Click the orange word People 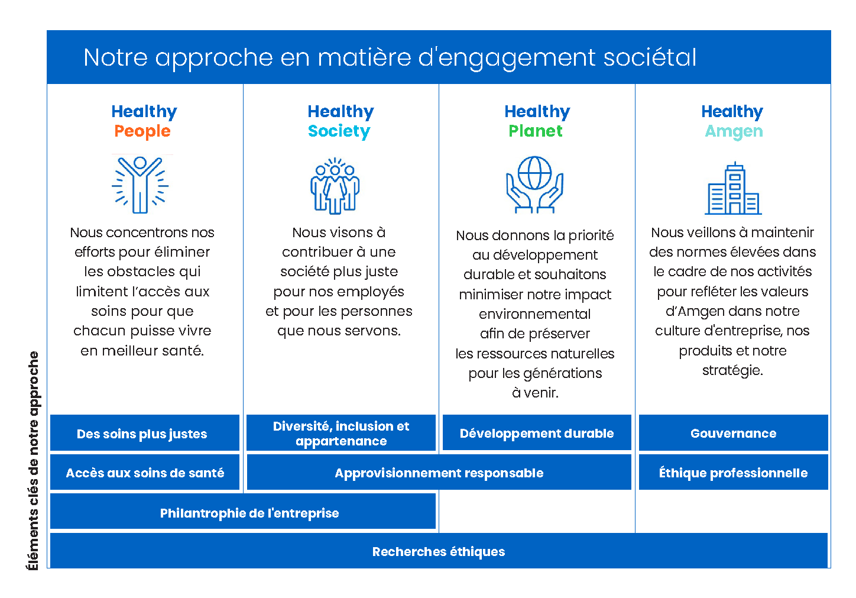tap(142, 131)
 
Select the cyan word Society tap(339, 131)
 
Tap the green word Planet tap(536, 131)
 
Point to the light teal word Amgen tap(734, 132)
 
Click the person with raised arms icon tap(140, 185)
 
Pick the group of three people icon tap(335, 186)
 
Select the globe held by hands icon tap(534, 185)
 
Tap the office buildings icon tap(733, 188)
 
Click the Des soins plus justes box tap(145, 433)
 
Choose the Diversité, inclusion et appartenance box tap(341, 433)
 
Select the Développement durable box tap(537, 433)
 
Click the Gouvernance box tap(733, 433)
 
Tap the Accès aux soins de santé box tap(145, 472)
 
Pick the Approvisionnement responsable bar tap(439, 472)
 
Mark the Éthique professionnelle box tap(733, 472)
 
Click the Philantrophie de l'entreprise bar tap(243, 512)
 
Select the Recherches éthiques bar tap(439, 551)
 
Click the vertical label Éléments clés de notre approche tap(34, 461)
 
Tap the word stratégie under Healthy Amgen tap(732, 370)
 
